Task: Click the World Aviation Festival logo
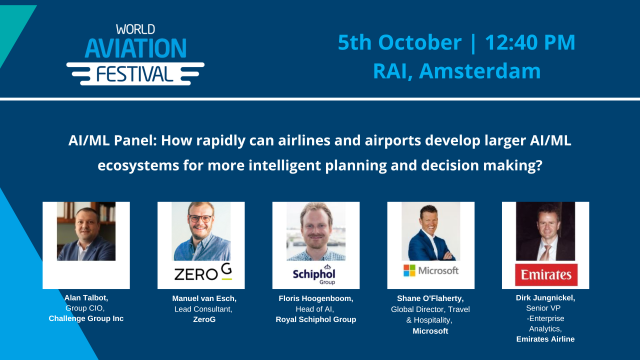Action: point(135,54)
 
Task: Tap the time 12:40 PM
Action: point(530,42)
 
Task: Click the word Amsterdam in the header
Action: point(480,71)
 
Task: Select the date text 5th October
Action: point(399,42)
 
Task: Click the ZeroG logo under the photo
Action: point(203,272)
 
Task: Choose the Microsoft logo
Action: point(431,270)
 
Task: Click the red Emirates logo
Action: point(546,274)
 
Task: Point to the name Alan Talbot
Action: point(86,297)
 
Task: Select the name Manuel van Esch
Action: point(204,298)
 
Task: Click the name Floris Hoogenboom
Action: point(316,298)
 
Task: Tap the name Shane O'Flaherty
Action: point(430,298)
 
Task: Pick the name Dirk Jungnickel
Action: point(545,297)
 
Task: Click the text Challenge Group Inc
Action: point(86,318)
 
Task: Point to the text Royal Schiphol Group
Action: point(316,319)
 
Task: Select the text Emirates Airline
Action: point(545,339)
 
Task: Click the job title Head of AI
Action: point(314,309)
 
